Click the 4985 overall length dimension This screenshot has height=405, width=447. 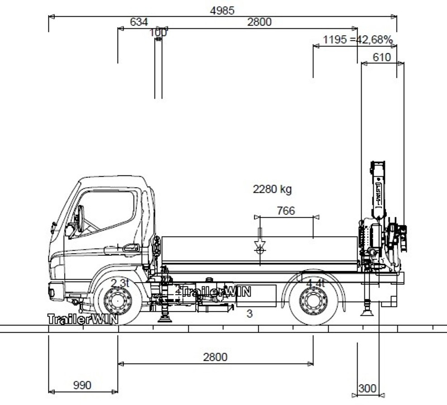tap(222, 10)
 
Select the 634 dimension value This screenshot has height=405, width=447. tap(138, 22)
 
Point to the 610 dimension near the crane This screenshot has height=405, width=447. tap(381, 57)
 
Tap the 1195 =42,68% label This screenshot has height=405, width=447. tap(357, 40)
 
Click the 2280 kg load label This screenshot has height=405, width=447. tap(272, 189)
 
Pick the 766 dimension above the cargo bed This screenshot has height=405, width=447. tap(285, 211)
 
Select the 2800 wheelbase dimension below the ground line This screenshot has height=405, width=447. tap(215, 357)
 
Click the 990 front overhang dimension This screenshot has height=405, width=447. tap(82, 385)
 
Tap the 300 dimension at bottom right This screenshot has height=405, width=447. tap(367, 388)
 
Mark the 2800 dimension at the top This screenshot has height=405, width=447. tap(259, 22)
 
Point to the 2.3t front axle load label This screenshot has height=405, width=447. tap(120, 283)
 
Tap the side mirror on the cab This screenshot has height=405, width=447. tap(80, 219)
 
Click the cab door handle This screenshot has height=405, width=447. tap(131, 248)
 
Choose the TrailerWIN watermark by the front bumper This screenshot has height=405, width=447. tap(83, 319)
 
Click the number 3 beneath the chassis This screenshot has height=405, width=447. tap(249, 314)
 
